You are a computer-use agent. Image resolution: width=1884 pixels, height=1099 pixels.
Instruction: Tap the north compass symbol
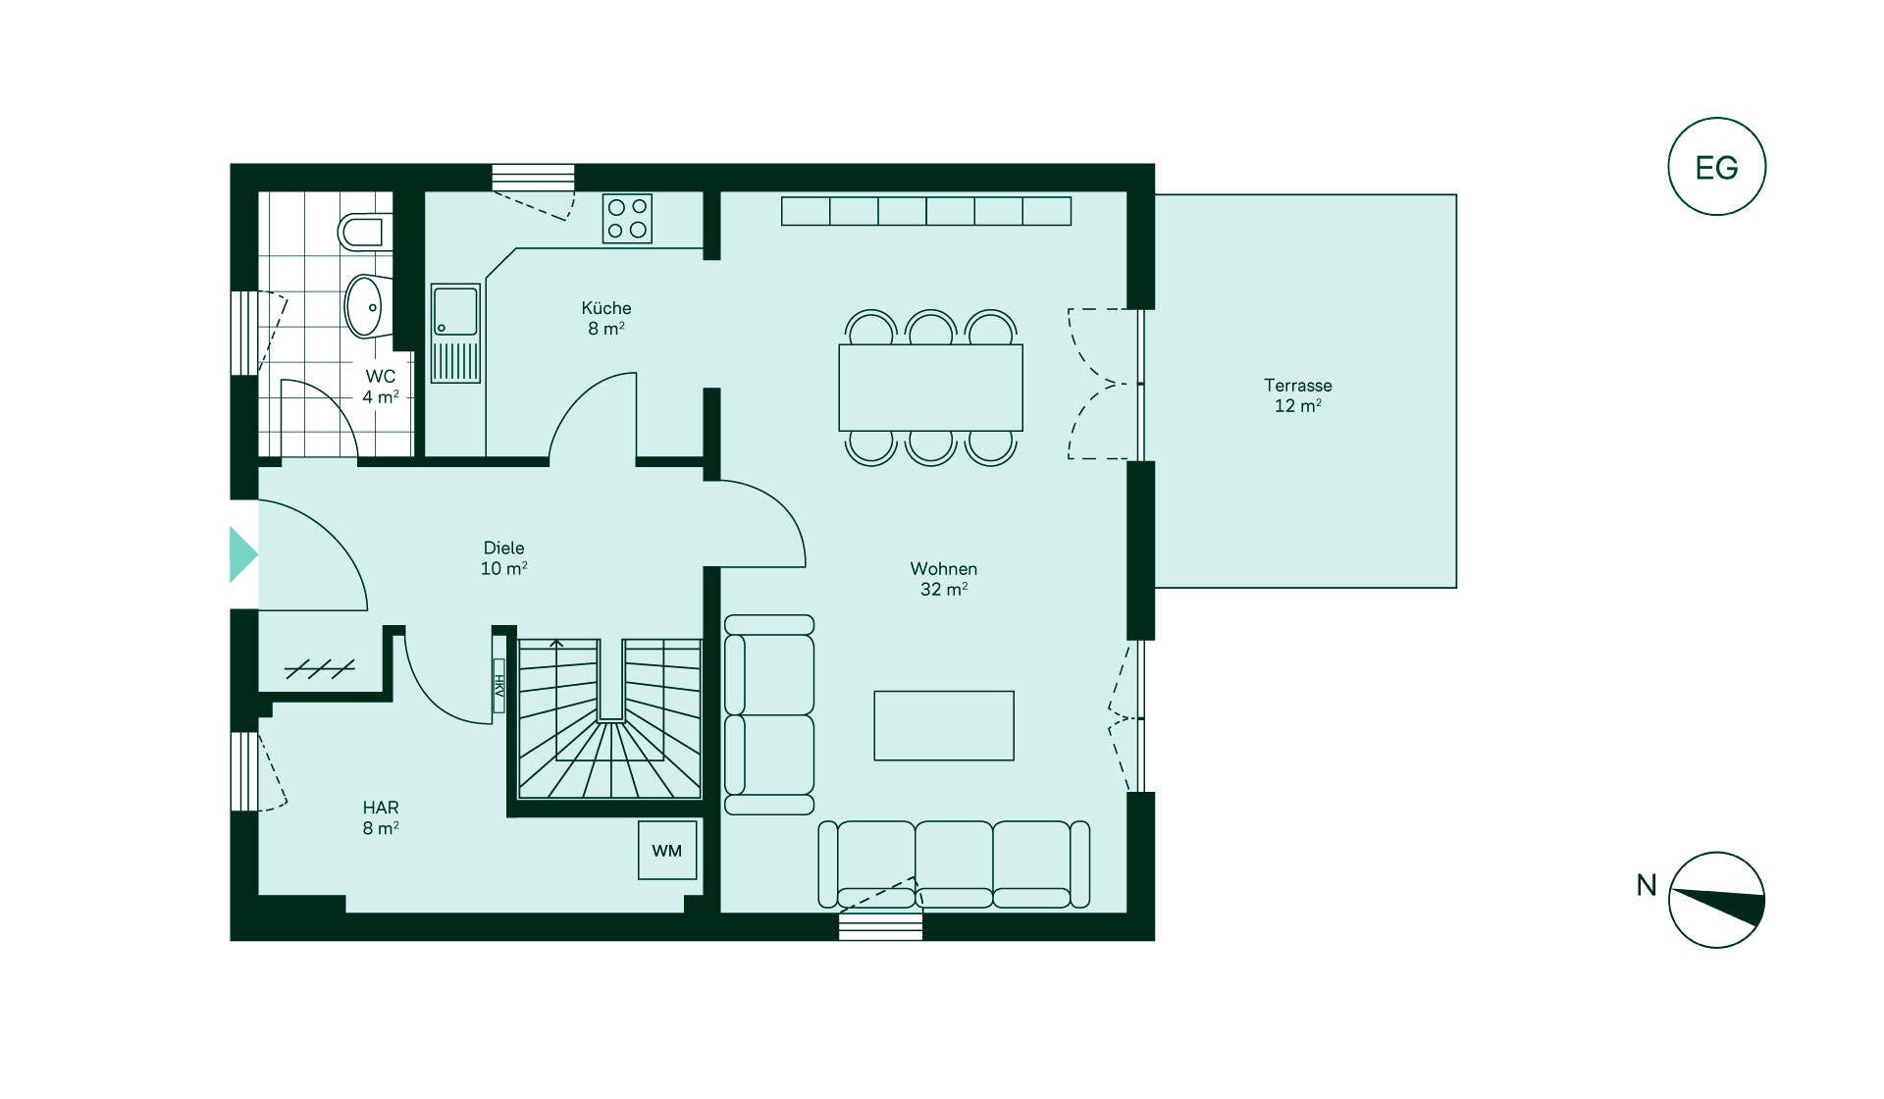1717,900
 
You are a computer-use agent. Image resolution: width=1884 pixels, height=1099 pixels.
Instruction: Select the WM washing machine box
667,850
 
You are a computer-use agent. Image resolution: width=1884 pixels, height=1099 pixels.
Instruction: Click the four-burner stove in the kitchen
627,219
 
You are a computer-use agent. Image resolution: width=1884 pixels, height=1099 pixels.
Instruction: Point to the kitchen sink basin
455,311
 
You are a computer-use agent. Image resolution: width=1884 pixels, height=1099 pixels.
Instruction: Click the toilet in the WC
365,232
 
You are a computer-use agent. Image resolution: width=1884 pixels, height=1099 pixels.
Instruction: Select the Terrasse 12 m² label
1297,395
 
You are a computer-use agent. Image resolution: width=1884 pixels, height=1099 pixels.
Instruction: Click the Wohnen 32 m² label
943,579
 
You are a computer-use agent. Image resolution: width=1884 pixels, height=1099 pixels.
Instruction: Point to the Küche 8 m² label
605,318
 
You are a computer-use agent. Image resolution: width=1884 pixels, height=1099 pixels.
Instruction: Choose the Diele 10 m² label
503,558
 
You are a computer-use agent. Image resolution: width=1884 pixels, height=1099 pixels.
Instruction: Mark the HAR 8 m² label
381,817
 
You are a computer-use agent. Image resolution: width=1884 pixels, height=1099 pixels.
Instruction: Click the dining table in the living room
930,388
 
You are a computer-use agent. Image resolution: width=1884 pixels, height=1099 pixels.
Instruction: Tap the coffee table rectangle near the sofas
944,726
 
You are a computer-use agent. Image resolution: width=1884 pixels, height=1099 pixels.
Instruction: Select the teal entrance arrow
242,555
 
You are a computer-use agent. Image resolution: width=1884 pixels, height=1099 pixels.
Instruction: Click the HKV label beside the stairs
498,686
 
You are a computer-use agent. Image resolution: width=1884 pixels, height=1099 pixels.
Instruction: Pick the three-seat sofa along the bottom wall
954,864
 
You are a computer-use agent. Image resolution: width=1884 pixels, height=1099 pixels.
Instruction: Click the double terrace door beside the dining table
1104,384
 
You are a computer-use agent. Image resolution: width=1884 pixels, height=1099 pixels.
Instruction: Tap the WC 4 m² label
381,387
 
